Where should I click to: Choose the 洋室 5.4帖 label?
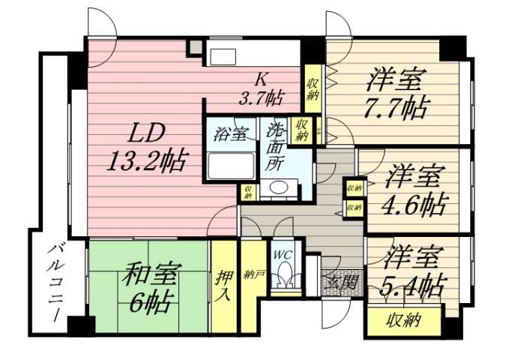pos(412,271)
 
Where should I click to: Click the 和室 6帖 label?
pos(149,289)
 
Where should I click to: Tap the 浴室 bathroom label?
pos(230,136)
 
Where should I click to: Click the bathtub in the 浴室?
pos(230,165)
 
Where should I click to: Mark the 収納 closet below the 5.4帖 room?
pos(403,322)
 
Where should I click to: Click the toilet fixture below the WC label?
pos(283,277)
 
